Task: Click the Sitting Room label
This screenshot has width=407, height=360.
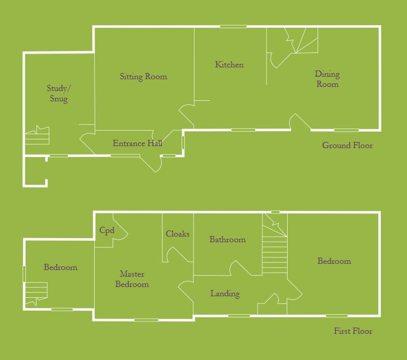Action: click(x=144, y=77)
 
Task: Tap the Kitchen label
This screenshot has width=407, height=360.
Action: click(x=229, y=65)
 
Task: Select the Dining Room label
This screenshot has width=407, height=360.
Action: click(x=327, y=79)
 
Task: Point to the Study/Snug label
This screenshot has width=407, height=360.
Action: click(x=59, y=94)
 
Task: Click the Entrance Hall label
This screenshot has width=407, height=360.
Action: click(x=137, y=143)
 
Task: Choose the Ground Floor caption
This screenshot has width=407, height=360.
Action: click(x=347, y=146)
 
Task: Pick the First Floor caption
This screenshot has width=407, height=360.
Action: click(x=353, y=331)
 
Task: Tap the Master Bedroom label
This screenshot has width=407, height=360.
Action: click(x=132, y=279)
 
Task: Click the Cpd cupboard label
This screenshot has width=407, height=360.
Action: click(x=107, y=230)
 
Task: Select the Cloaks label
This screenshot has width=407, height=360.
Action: click(x=178, y=234)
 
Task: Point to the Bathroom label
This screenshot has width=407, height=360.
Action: click(x=227, y=240)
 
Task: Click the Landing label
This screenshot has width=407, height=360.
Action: click(x=225, y=294)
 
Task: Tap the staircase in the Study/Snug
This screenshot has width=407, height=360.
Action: click(x=37, y=136)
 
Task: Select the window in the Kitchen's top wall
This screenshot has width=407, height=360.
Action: click(x=233, y=27)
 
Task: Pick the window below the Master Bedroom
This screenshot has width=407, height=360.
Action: click(x=146, y=320)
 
